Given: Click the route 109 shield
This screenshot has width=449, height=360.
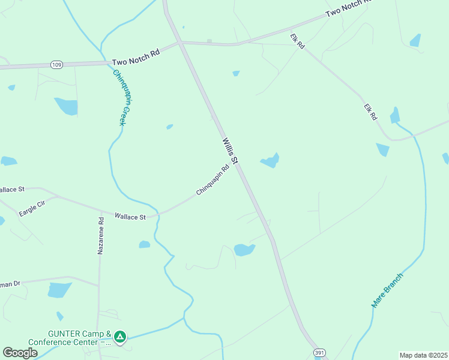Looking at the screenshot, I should pyautogui.click(x=56, y=65).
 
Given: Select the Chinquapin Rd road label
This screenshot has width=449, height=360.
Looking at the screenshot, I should pyautogui.click(x=213, y=181).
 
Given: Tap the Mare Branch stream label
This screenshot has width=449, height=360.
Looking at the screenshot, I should pyautogui.click(x=387, y=290).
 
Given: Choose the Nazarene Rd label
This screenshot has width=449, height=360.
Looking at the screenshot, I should pyautogui.click(x=101, y=235).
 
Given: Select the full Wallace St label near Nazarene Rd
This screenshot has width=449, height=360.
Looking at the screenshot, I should pyautogui.click(x=130, y=217).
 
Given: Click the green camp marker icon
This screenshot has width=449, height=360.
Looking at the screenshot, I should pyautogui.click(x=120, y=337).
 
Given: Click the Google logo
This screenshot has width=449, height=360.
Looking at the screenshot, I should pyautogui.click(x=20, y=353).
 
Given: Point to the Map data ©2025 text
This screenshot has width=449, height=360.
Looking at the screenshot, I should pyautogui.click(x=423, y=355).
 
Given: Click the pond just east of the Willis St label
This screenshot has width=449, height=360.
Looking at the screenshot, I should pyautogui.click(x=270, y=161).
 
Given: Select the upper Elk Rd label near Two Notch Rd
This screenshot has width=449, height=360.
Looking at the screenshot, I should pyautogui.click(x=297, y=41).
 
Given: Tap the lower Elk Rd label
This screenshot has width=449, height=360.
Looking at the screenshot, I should pyautogui.click(x=370, y=112).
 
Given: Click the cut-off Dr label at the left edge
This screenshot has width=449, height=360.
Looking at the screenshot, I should pyautogui.click(x=10, y=283).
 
